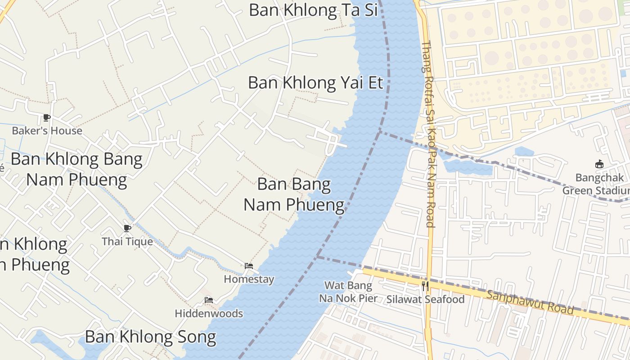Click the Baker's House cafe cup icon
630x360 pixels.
tap(46, 118)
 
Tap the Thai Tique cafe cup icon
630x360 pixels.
tap(127, 228)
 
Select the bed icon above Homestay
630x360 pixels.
tap(249, 266)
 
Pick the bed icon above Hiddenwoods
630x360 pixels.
tap(209, 300)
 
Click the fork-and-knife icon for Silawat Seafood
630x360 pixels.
tap(425, 286)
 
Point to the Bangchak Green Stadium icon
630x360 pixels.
tap(599, 164)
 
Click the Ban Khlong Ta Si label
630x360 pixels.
tap(313, 10)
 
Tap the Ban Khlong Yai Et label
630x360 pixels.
tap(315, 83)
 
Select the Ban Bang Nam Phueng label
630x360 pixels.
tap(294, 194)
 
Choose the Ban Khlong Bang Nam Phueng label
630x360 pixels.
tap(76, 169)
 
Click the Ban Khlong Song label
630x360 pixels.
tap(150, 337)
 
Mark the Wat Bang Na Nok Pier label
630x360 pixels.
tap(348, 292)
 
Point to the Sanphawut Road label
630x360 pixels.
tap(530, 302)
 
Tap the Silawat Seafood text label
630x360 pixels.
tap(425, 299)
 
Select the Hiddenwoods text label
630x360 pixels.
tap(209, 314)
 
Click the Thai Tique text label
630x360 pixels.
tap(127, 242)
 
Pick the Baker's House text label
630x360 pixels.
tap(47, 131)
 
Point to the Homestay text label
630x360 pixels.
tap(249, 279)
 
